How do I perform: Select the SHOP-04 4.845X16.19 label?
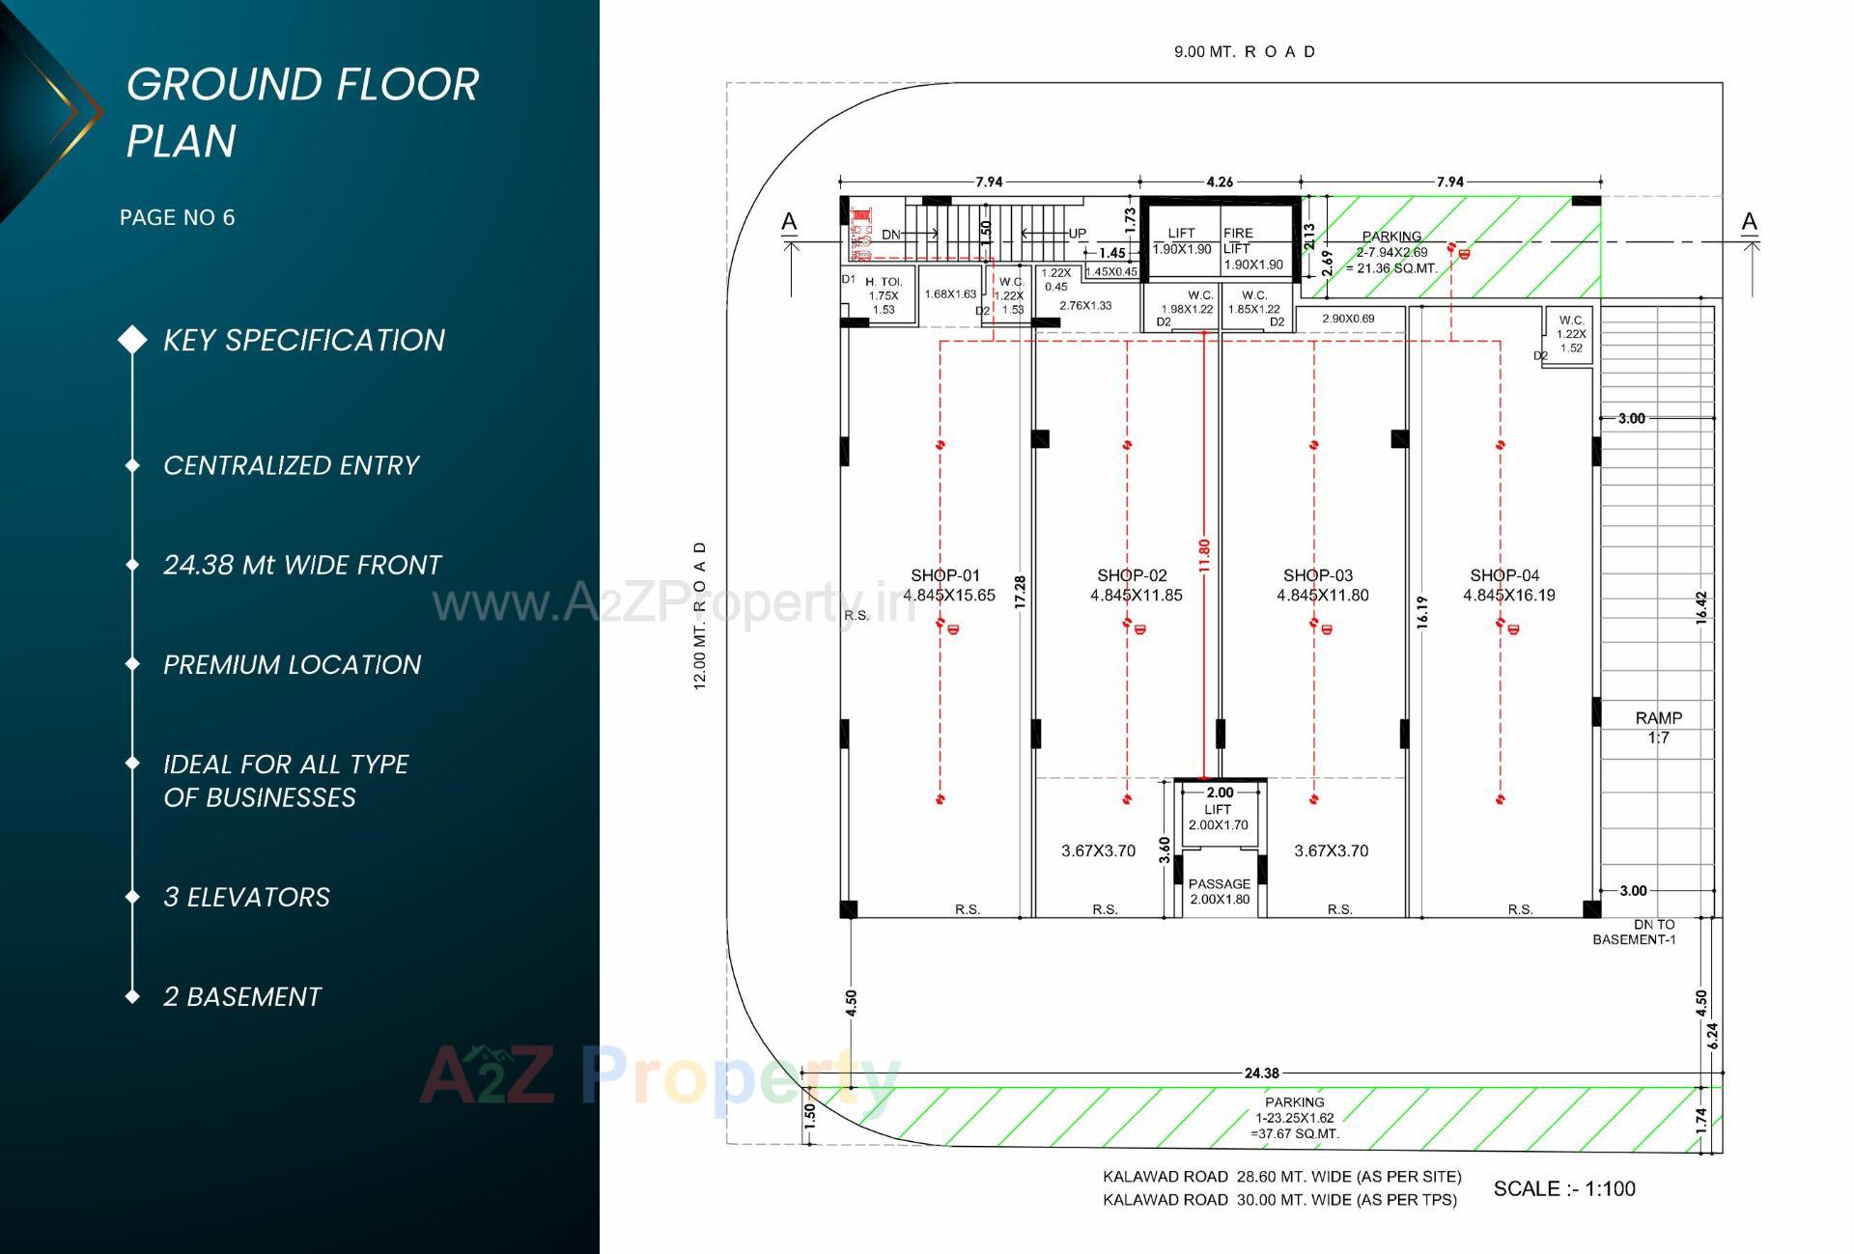coord(1508,585)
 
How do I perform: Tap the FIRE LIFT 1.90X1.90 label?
coord(1252,248)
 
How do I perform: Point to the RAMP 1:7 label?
coord(1658,727)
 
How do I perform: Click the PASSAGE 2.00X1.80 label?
coord(1219,891)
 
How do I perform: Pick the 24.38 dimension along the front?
coord(1261,1073)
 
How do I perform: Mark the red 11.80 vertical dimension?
coord(1203,555)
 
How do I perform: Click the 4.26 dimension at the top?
coord(1220,181)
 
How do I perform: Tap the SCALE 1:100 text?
coord(1563,1188)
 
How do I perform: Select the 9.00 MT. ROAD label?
coord(1244,52)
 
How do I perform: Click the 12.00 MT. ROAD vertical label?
coord(700,615)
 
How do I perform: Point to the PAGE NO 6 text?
coord(177,217)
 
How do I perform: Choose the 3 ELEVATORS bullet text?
coord(246,897)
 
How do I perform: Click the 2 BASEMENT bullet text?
coord(241,996)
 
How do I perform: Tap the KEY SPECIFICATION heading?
coord(303,340)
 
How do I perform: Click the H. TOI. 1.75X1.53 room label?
coord(883,296)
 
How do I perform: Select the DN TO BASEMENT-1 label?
coord(1634,932)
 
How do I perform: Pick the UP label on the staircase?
coord(1077,234)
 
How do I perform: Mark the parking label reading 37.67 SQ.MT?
coord(1294,1118)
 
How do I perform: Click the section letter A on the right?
coord(1749,222)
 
